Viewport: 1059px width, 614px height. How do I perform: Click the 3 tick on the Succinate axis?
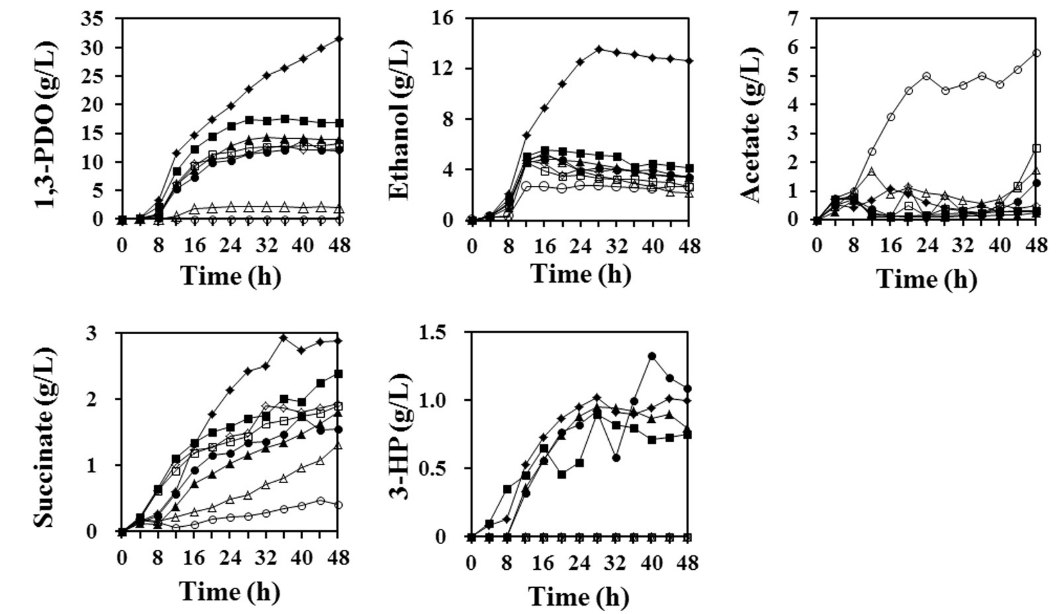[x=103, y=333]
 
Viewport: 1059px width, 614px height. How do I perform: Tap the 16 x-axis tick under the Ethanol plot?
[x=545, y=247]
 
